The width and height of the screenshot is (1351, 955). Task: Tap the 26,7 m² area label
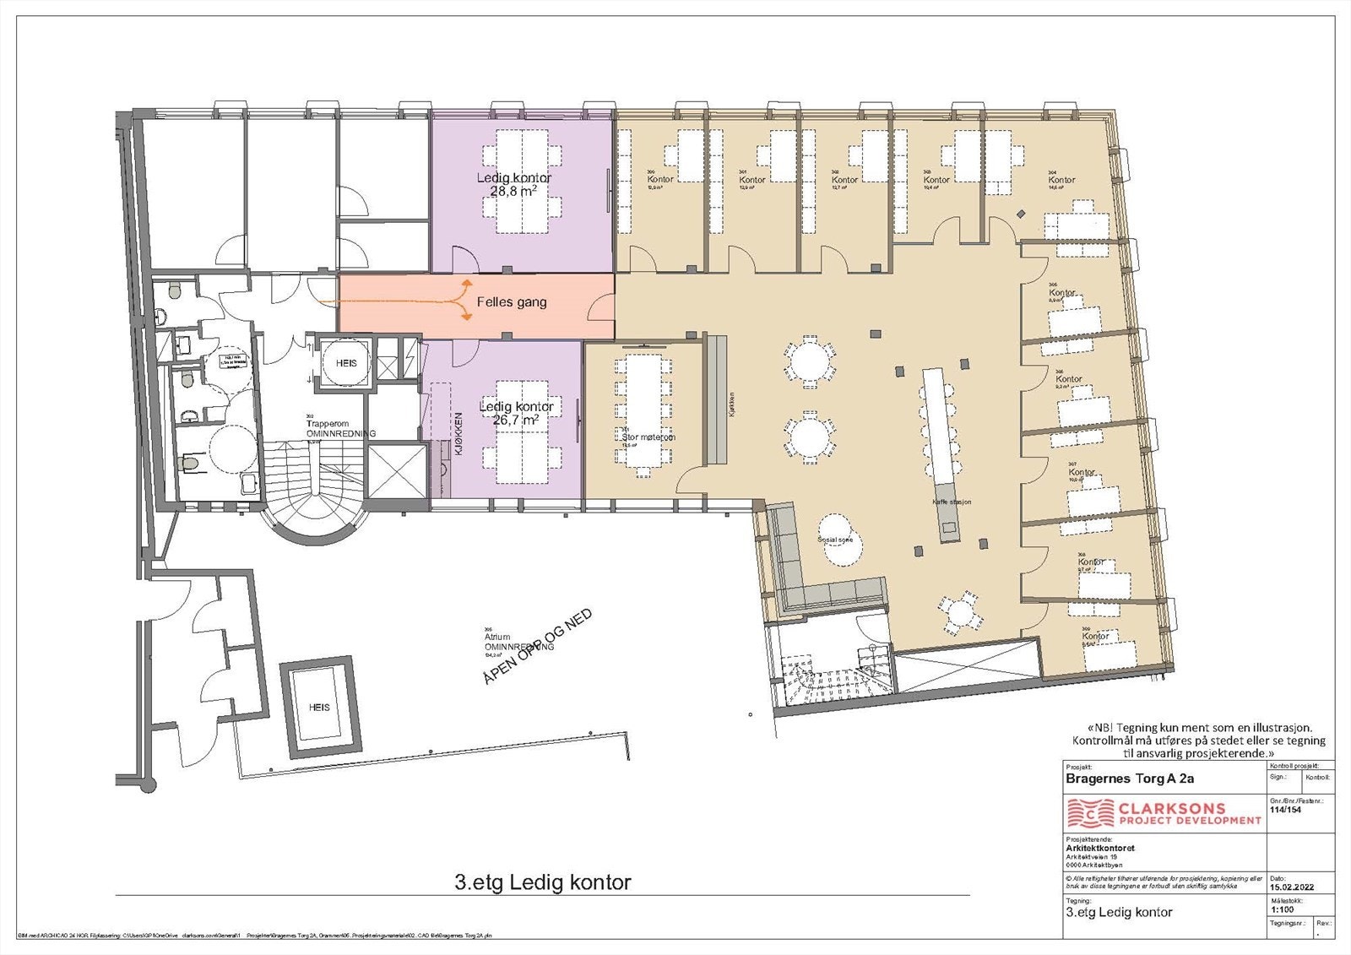click(x=516, y=420)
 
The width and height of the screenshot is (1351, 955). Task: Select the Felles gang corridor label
click(x=512, y=302)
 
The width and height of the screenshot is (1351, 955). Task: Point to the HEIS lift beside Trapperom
click(x=346, y=363)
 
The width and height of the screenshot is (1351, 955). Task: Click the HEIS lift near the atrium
click(x=319, y=707)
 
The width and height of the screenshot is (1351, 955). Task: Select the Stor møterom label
click(x=648, y=437)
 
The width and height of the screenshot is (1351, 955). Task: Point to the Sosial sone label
click(x=835, y=539)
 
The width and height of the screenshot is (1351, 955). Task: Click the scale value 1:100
click(x=1282, y=910)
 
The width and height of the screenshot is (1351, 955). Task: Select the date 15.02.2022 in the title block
click(x=1291, y=887)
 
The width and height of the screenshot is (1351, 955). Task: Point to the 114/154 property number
click(x=1285, y=809)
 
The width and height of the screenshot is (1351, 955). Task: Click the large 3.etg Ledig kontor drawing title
click(x=542, y=883)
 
